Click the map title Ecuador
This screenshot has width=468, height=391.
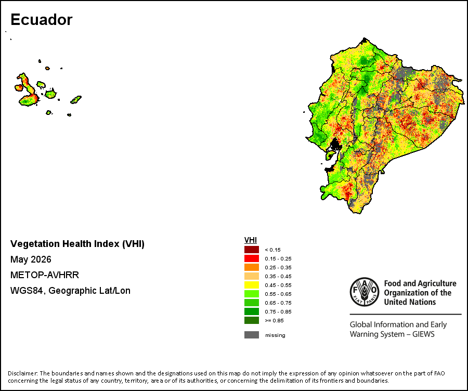pyautogui.click(x=42, y=20)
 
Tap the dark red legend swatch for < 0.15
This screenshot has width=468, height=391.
pyautogui.click(x=252, y=250)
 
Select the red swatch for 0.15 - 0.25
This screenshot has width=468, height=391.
pyautogui.click(x=252, y=258)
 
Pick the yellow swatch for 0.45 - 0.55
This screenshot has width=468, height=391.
pyautogui.click(x=252, y=285)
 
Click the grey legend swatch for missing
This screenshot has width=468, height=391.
pyautogui.click(x=252, y=335)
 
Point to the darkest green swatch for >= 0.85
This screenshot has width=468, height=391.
pyautogui.click(x=252, y=320)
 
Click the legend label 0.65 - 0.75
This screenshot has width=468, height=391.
pyautogui.click(x=278, y=303)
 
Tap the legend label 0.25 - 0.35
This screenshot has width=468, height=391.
pyautogui.click(x=278, y=268)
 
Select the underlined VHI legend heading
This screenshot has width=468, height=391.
pyautogui.click(x=251, y=240)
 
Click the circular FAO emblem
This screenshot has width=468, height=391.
pyautogui.click(x=365, y=292)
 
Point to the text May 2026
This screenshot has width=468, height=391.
pyautogui.click(x=31, y=259)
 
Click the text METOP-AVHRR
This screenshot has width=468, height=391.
pyautogui.click(x=45, y=275)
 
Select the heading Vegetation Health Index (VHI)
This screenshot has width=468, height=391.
pyautogui.click(x=77, y=244)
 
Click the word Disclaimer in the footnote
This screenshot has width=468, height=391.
pyautogui.click(x=22, y=373)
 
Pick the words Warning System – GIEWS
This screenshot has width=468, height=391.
pyautogui.click(x=392, y=334)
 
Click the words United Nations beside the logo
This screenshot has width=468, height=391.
pyautogui.click(x=410, y=302)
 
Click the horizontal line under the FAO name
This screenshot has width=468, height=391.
pyautogui.click(x=406, y=314)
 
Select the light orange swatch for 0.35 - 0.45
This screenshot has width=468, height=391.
pyautogui.click(x=252, y=276)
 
